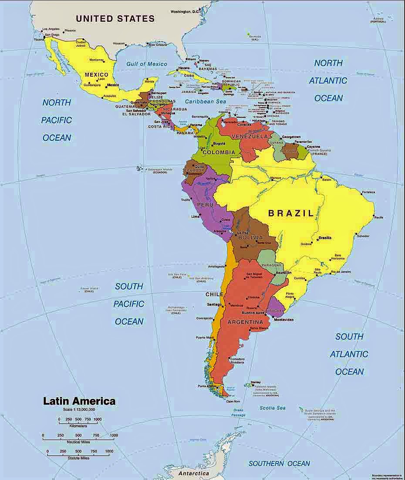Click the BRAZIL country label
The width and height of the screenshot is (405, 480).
tap(290, 213)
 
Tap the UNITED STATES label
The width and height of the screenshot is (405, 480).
tap(115, 19)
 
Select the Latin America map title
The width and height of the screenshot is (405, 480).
tap(79, 401)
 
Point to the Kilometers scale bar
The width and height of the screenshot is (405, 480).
tap(78, 421)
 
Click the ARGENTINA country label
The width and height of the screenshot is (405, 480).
tap(245, 322)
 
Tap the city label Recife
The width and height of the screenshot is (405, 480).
tap(378, 217)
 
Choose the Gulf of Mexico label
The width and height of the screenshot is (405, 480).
tap(147, 64)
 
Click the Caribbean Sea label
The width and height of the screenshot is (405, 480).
tap(205, 101)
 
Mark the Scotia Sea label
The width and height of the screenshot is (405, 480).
tap(273, 408)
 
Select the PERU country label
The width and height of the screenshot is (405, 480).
tap(205, 205)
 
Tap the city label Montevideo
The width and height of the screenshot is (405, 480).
tap(283, 319)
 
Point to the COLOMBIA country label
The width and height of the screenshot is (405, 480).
tap(219, 153)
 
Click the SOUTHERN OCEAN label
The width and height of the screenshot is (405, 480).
tap(280, 463)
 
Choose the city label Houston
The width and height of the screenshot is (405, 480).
tap(119, 43)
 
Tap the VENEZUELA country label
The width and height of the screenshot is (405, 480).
tap(249, 136)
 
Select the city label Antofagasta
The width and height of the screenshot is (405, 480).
tap(216, 266)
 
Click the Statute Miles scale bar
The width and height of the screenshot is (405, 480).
tap(78, 455)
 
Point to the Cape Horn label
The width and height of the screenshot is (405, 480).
tap(233, 401)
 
